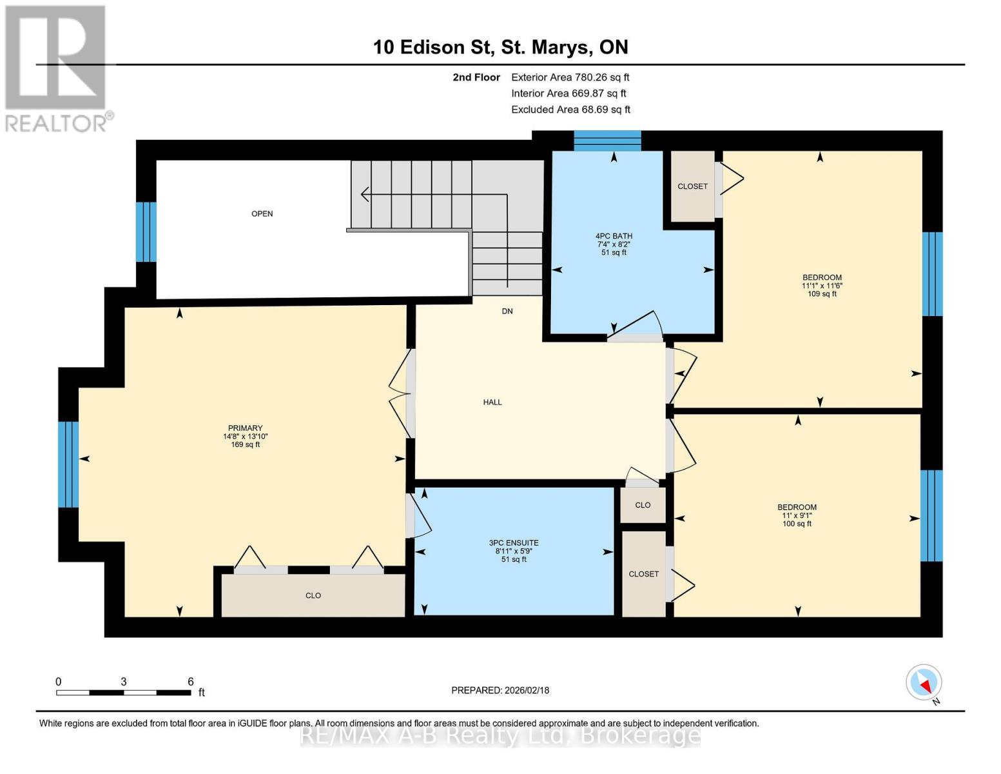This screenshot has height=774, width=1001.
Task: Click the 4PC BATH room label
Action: click(614, 236)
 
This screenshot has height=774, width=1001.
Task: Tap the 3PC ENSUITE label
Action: click(514, 543)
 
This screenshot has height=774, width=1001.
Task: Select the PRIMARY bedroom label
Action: click(245, 428)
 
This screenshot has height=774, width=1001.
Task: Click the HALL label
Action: click(492, 402)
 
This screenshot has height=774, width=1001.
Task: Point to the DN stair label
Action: click(507, 312)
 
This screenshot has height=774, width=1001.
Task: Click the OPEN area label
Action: click(262, 213)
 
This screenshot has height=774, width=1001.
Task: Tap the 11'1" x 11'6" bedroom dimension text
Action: click(822, 286)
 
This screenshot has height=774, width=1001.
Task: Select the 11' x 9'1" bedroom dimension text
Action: click(797, 515)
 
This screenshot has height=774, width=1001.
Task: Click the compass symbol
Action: click(924, 682)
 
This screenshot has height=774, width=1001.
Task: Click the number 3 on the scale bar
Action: click(123, 682)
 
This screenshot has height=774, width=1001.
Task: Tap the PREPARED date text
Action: click(500, 690)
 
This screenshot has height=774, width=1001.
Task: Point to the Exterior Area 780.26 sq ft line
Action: click(570, 77)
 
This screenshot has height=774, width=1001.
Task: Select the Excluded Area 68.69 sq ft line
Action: click(570, 110)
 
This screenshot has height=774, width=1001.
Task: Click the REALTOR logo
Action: click(57, 68)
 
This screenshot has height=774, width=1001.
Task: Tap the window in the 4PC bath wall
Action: click(607, 140)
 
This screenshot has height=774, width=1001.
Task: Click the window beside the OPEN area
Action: click(146, 232)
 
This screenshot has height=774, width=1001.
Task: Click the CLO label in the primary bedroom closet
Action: click(313, 595)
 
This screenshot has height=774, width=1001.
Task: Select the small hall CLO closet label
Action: click(643, 505)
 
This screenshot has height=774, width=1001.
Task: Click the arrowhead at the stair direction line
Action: click(365, 194)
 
